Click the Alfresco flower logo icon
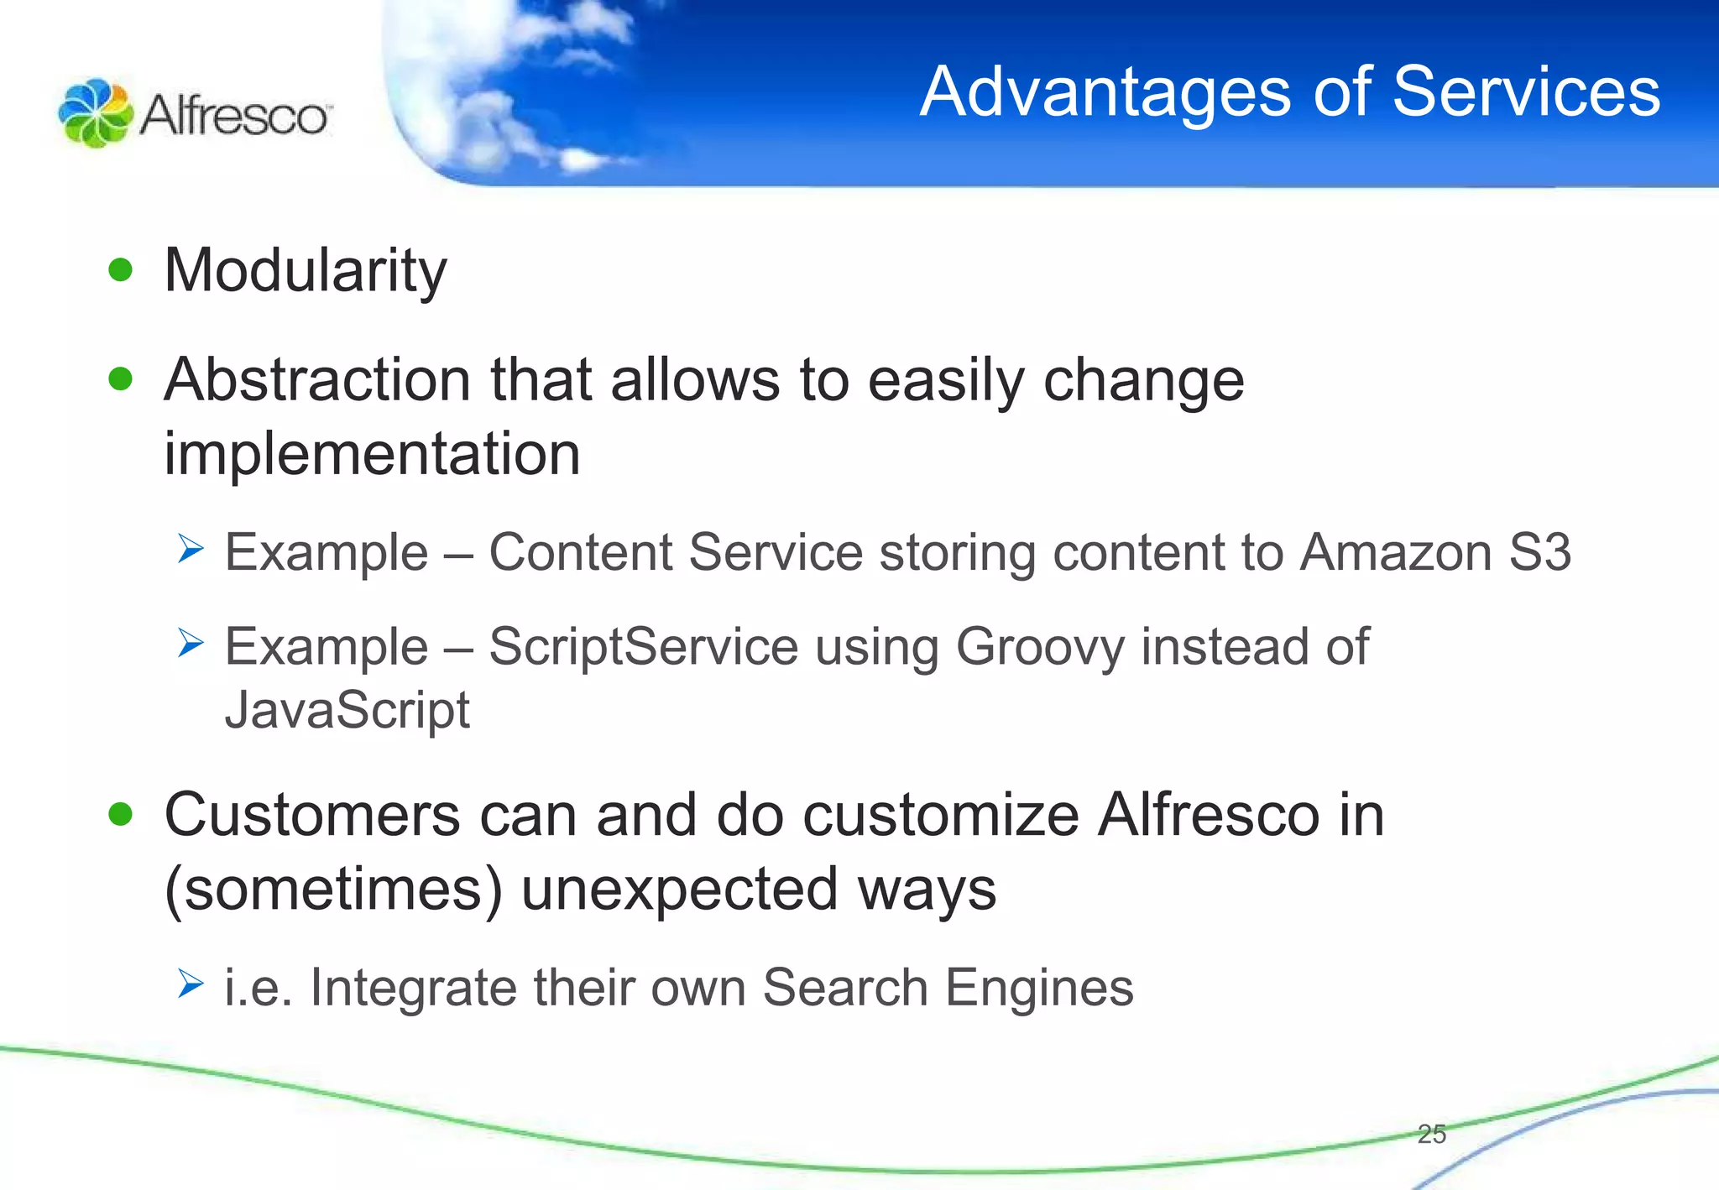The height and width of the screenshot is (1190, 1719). pos(95,113)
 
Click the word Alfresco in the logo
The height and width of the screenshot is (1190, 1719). pos(235,115)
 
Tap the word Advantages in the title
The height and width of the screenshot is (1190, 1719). pos(1105,92)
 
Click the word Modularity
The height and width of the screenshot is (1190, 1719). pos(306,271)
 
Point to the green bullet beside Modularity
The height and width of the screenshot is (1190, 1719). pos(121,270)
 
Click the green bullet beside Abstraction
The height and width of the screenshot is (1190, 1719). pos(121,379)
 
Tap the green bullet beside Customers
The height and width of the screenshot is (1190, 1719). pos(121,814)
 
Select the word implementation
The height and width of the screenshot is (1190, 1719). pos(372,454)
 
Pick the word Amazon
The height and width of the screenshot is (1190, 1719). pos(1395,553)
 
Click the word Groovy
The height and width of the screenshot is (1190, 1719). pos(1039,647)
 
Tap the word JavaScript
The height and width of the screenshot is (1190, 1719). pos(347,710)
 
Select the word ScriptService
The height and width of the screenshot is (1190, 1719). pos(643,647)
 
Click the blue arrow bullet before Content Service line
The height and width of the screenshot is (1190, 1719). pos(191,551)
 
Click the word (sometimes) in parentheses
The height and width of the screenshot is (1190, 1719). pos(333,890)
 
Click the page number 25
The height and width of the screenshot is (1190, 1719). pos(1431,1134)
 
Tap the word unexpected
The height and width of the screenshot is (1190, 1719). pos(680,890)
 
